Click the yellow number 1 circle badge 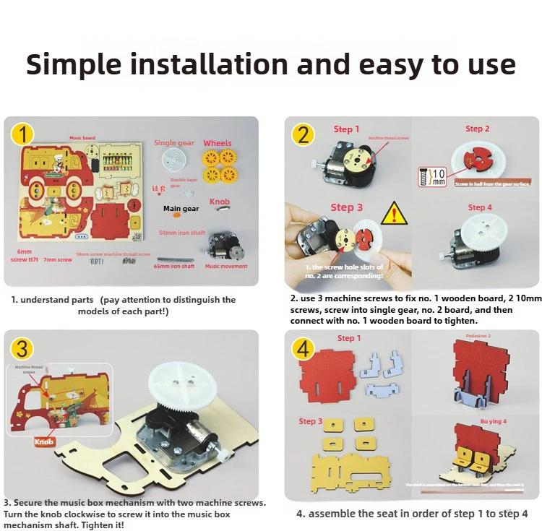click(x=25, y=134)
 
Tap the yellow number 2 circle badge click(x=302, y=134)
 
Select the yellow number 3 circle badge click(x=22, y=349)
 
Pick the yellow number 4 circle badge click(x=302, y=349)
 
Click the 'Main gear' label click(x=181, y=209)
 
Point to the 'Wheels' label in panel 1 click(x=218, y=143)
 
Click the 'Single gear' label click(x=174, y=143)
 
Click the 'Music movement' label click(x=226, y=266)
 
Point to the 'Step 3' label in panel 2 click(x=347, y=207)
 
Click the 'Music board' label click(x=82, y=137)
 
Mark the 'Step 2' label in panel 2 click(x=478, y=129)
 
